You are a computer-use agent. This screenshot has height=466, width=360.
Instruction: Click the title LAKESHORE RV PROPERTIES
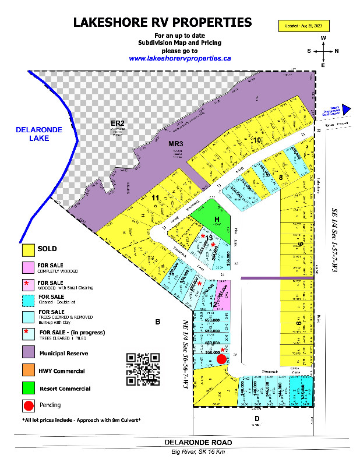pyautogui.click(x=163, y=23)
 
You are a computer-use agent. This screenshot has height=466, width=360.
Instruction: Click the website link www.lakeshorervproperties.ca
pyautogui.click(x=180, y=58)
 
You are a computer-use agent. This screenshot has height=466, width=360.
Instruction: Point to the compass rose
pyautogui.click(x=323, y=51)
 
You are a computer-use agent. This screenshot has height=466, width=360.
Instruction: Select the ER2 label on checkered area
pyautogui.click(x=118, y=123)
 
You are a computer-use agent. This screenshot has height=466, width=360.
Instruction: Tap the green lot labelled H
pyautogui.click(x=216, y=220)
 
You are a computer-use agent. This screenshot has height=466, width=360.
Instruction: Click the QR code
pyautogui.click(x=143, y=369)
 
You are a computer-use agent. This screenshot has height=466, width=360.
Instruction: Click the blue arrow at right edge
pyautogui.click(x=346, y=108)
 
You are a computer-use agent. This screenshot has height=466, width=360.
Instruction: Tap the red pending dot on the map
pyautogui.click(x=221, y=359)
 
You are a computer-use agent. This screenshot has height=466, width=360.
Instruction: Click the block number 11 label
pyautogui.click(x=155, y=198)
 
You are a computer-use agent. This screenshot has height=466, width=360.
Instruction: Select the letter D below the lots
pyautogui.click(x=256, y=418)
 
